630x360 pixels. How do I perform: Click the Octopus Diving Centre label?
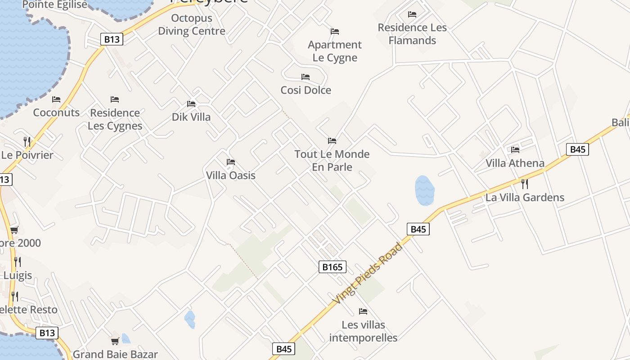pos(191,25)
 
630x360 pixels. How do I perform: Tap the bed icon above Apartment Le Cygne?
pos(335,31)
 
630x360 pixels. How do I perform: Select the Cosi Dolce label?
pos(306,90)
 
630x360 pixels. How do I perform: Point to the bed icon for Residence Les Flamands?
pos(412,14)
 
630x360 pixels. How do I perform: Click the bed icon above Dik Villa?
pos(191,104)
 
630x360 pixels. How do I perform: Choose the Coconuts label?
pos(56,112)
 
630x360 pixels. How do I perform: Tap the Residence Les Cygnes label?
pos(115,119)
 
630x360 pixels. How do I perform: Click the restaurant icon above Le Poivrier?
pos(27,142)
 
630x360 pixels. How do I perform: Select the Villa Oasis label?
pos(230,175)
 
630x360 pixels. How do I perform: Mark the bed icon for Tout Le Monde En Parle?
pos(332,141)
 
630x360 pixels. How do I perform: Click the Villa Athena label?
pos(515,163)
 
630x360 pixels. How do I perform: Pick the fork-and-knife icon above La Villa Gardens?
pos(524,184)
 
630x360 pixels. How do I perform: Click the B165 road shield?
pos(333,267)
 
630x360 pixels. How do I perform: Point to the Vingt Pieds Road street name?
pos(368,273)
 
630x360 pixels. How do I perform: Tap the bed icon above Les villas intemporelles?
pos(363,311)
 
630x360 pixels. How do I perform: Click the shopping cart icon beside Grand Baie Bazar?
pos(115,341)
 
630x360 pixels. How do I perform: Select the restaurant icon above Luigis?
pos(17,261)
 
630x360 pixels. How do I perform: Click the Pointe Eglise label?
pos(54,5)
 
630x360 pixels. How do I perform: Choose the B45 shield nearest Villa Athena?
pos(577,149)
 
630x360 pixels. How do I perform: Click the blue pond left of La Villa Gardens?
pos(424,190)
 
